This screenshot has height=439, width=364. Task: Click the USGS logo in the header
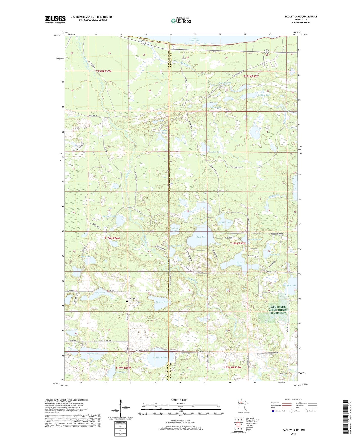55,19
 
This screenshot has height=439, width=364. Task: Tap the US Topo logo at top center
181,21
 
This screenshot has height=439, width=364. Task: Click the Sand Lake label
201,237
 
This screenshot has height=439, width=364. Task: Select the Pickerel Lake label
162,302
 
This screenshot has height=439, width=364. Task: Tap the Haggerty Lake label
160,357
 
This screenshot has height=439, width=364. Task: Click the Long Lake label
100,293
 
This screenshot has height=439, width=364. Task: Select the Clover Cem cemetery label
131,299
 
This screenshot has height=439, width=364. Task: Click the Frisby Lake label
175,229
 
